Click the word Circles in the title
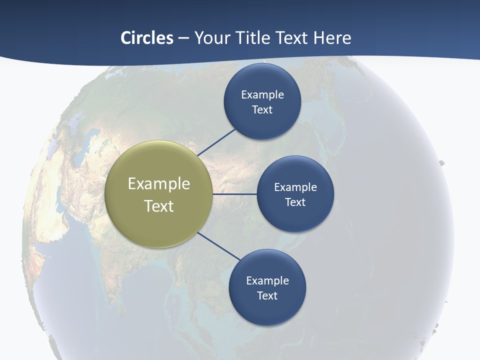pos(147,38)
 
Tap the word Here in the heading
pos(332,38)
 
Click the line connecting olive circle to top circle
pos(217,142)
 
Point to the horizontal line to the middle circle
pos(235,194)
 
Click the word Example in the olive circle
pos(159,184)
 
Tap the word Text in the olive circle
pos(159,206)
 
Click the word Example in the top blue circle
pos(262,95)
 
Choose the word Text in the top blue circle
pos(262,110)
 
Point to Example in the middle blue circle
pos(295,187)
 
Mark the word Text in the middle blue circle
pos(295,202)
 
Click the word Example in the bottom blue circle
pos(267,281)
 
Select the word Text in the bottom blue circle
pos(267,296)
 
